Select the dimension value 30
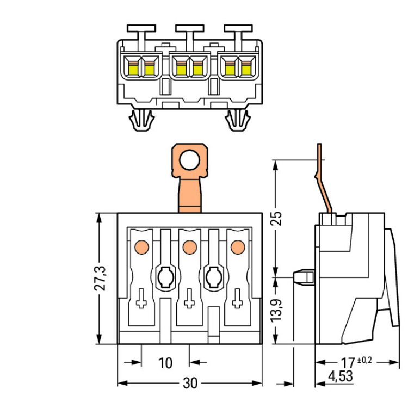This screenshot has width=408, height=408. [x=190, y=383]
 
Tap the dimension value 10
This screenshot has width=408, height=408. [x=165, y=362]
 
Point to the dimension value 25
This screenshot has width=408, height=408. [x=276, y=218]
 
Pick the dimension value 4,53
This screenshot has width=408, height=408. [x=340, y=376]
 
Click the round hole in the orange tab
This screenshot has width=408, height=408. [x=190, y=160]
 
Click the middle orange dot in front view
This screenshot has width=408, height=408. [x=189, y=248]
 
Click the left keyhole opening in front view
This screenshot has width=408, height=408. [x=165, y=278]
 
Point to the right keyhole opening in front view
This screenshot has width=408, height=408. [x=213, y=278]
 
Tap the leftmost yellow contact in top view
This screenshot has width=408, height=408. [x=133, y=68]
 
